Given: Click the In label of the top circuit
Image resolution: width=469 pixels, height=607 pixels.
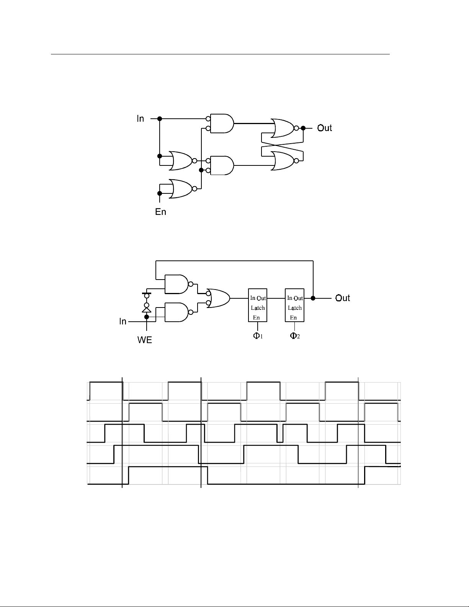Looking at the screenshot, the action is (x=140, y=119).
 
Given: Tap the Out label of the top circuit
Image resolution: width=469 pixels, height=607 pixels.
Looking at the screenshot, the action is (x=324, y=128).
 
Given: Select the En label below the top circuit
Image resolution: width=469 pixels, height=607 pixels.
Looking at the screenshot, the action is (x=160, y=212).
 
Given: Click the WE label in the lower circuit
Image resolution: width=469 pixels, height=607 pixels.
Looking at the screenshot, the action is (x=145, y=340).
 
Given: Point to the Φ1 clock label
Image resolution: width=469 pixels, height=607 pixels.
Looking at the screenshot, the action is (x=258, y=336).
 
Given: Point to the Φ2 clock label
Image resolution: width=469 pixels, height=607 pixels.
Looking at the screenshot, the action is (x=295, y=336).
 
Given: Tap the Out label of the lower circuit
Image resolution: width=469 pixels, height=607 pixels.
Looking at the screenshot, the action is (x=343, y=298).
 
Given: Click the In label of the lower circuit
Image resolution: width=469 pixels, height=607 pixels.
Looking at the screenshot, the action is (x=123, y=322).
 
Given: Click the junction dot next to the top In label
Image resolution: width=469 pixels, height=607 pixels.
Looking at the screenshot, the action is (x=160, y=119).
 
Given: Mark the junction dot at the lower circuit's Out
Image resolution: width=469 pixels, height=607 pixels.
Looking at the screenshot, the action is (x=313, y=298).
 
